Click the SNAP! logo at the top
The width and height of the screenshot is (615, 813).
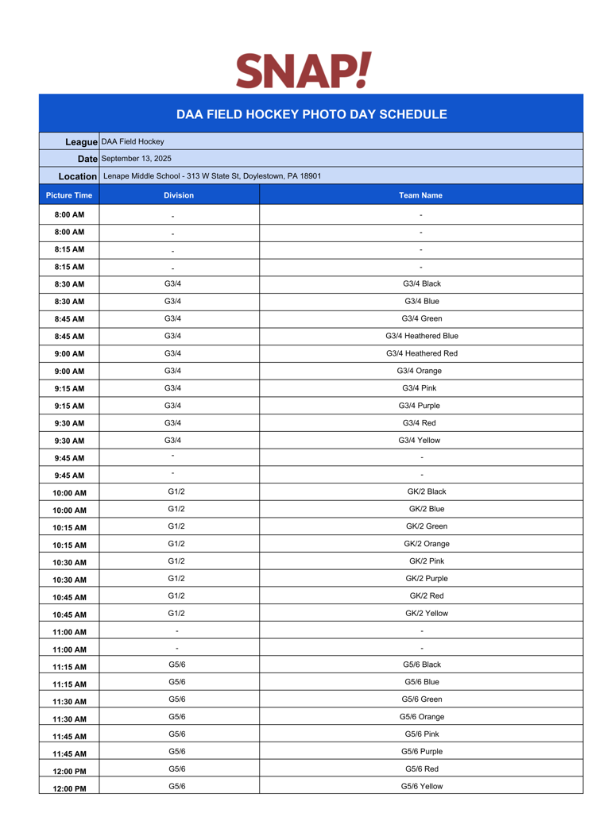(x=304, y=71)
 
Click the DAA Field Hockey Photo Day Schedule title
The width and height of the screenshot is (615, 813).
(x=311, y=114)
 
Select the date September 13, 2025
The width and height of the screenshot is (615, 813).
(x=136, y=159)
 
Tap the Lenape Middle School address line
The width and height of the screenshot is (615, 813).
(x=212, y=175)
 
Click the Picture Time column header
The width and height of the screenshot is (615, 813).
(x=69, y=195)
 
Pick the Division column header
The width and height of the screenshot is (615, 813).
(x=179, y=195)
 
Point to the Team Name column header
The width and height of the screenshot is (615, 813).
(x=421, y=195)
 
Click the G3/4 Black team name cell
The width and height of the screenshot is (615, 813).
(x=422, y=283)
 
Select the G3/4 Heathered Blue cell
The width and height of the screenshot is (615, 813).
(x=422, y=336)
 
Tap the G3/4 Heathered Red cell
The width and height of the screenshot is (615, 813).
(x=422, y=353)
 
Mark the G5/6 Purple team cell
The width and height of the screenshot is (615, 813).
(x=422, y=751)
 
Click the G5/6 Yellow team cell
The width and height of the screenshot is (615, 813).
(x=422, y=786)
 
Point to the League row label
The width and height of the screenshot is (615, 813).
(x=81, y=141)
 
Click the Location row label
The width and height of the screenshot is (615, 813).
(x=78, y=175)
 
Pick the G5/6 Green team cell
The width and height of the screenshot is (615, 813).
(x=422, y=699)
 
